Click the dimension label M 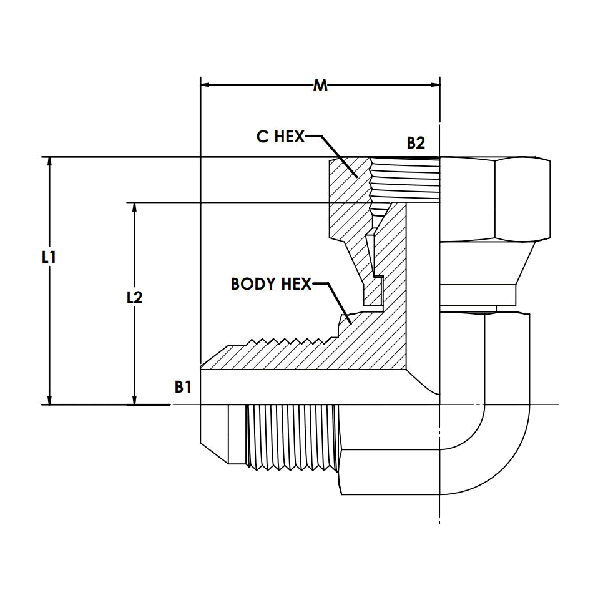pyautogui.click(x=320, y=86)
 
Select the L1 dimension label pyautogui.click(x=49, y=258)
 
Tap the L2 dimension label pyautogui.click(x=135, y=298)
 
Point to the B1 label pyautogui.click(x=183, y=387)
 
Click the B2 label pyautogui.click(x=416, y=143)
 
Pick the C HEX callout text pyautogui.click(x=281, y=137)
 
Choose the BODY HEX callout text pyautogui.click(x=271, y=284)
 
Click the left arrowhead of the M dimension pyautogui.click(x=205, y=84)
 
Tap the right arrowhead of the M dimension pyautogui.click(x=435, y=84)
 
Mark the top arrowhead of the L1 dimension pyautogui.click(x=49, y=162)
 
